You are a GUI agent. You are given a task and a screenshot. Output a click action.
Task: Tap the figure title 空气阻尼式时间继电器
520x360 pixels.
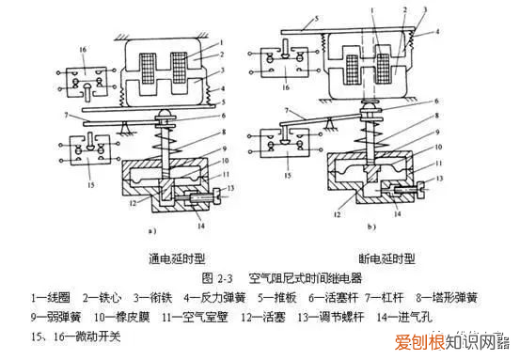click(x=301, y=278)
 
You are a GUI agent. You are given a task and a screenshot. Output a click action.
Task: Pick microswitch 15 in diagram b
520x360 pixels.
click(x=279, y=152)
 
